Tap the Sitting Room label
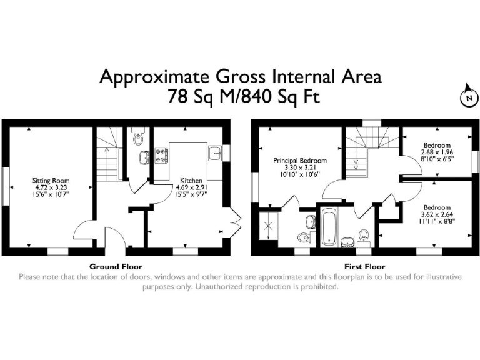coord(49,181)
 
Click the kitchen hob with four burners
coord(161,155)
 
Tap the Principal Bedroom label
coord(299,161)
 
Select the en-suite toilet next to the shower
coord(304,237)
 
